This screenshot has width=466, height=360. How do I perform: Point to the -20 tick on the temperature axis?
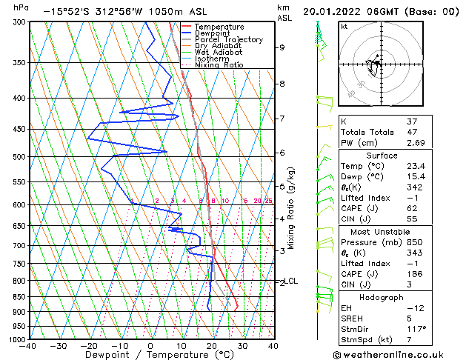point(89,345)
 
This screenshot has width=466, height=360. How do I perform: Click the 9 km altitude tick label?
point(282,47)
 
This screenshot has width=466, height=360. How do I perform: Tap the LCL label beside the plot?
point(292,281)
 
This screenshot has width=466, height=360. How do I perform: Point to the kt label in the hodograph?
point(344,26)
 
